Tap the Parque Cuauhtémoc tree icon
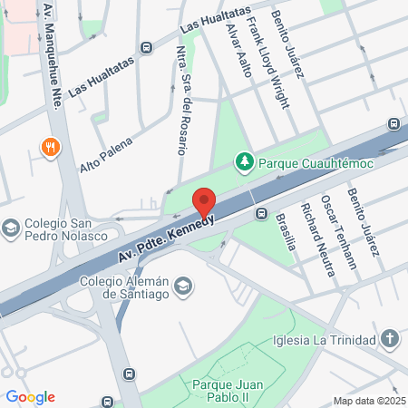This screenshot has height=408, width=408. (244, 162)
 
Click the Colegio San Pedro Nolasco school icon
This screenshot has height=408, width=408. (11, 227)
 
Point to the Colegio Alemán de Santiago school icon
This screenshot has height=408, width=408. (183, 287)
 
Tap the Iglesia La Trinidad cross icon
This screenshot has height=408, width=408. (390, 340)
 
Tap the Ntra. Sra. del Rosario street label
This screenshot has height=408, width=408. (180, 104)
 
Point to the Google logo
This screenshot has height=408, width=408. (30, 397)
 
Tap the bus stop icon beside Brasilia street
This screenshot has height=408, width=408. (261, 214)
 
